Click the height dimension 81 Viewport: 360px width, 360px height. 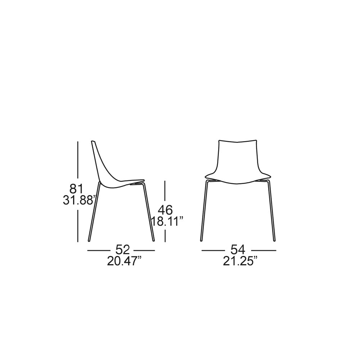tap(76, 189)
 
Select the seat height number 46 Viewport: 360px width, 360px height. tap(165, 210)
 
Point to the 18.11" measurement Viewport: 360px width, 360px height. tap(168, 221)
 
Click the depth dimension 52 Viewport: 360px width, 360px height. tap(123, 250)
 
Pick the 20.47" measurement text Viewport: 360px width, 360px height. tap(124, 261)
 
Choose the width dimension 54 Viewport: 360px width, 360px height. tap(238, 250)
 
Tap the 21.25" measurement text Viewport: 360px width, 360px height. tap(240, 261)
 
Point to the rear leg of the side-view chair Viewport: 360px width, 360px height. tap(94, 211)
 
